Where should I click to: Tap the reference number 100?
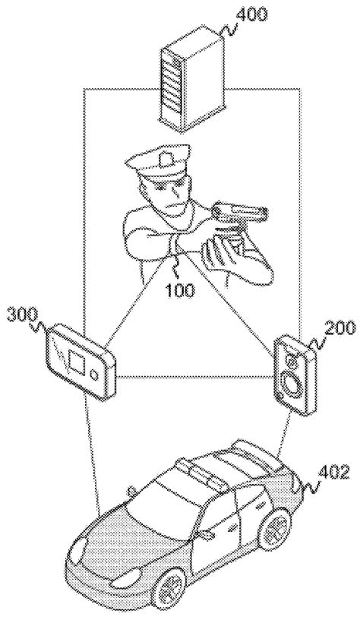coord(178,290)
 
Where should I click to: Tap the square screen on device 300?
coord(76,358)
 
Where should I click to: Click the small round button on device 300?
coord(93,374)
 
